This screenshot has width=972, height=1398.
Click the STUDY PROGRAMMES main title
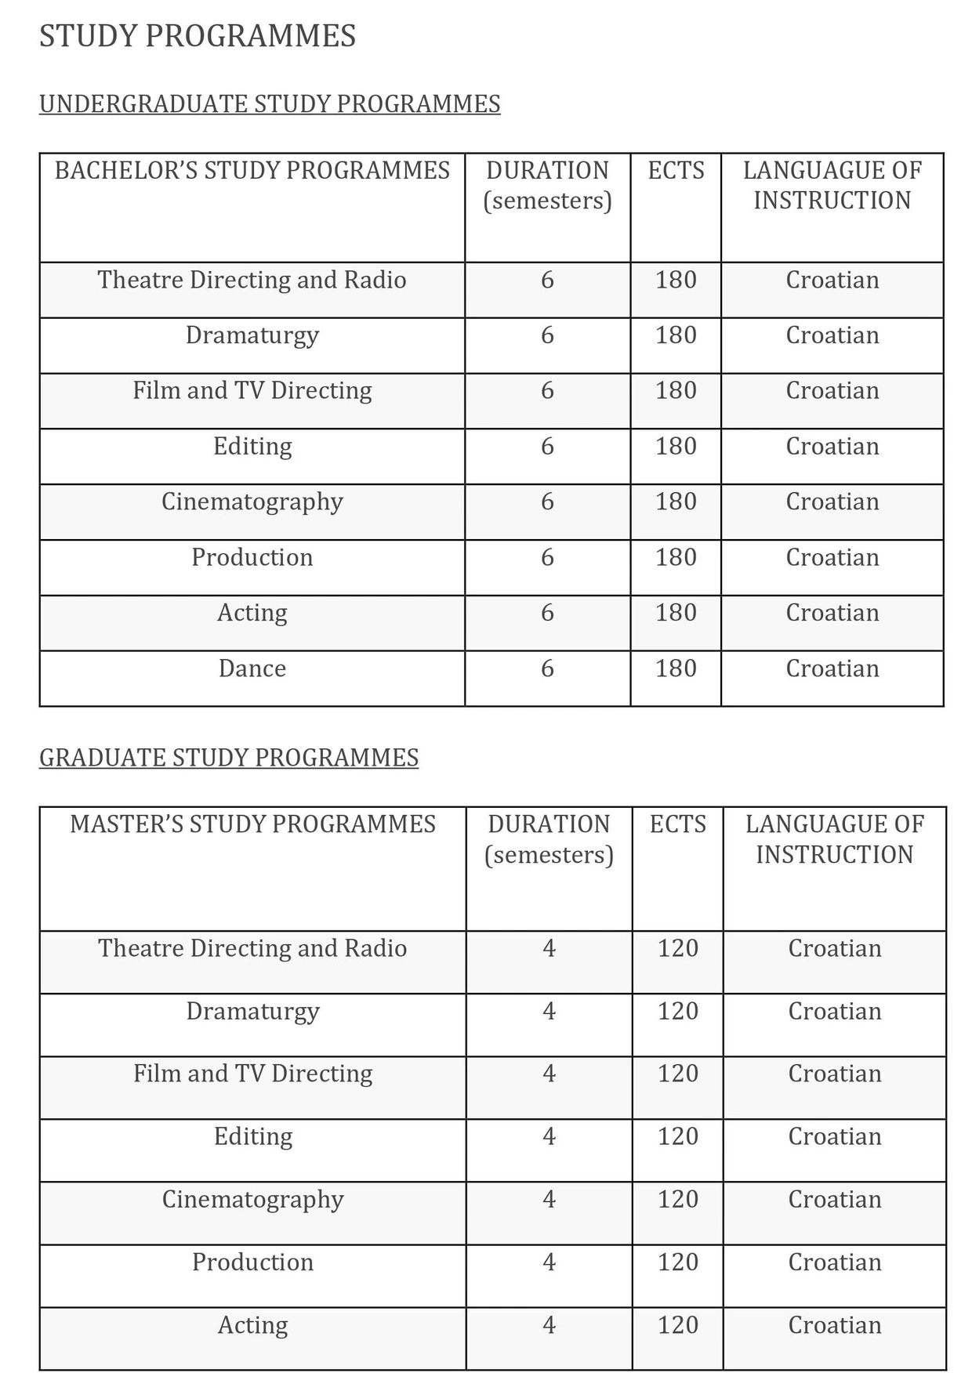tap(198, 36)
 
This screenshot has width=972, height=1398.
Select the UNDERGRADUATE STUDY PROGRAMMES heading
tap(270, 104)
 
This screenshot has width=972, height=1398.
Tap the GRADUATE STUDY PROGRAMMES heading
tap(229, 758)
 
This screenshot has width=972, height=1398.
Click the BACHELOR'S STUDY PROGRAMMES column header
tap(252, 171)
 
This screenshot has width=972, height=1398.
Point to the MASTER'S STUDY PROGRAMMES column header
tap(252, 824)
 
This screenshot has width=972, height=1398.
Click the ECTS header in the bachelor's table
tap(676, 171)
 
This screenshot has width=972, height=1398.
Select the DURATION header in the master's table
tap(549, 839)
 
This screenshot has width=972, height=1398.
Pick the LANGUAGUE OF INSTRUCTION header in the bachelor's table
tap(832, 185)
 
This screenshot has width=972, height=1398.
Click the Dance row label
tap(252, 668)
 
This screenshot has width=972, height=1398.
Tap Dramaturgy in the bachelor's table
tap(252, 335)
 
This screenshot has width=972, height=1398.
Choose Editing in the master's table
tap(253, 1136)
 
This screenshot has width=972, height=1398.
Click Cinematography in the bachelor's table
tap(252, 502)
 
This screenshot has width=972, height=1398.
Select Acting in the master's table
tap(253, 1325)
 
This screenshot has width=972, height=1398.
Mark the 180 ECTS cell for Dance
tap(676, 668)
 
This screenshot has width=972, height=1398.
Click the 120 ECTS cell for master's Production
tap(678, 1262)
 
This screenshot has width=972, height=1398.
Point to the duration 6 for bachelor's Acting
tap(547, 613)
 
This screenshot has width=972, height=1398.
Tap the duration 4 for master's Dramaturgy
tap(549, 1011)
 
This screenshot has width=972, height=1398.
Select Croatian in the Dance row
tap(832, 668)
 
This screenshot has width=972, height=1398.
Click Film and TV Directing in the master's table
tap(253, 1074)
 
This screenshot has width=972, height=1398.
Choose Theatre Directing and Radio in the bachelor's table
tap(252, 280)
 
